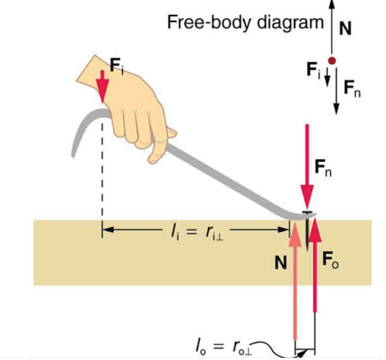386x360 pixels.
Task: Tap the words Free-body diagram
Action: click(x=245, y=22)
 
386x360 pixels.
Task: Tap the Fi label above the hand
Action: click(x=117, y=66)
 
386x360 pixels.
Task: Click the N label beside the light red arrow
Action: click(x=281, y=264)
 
